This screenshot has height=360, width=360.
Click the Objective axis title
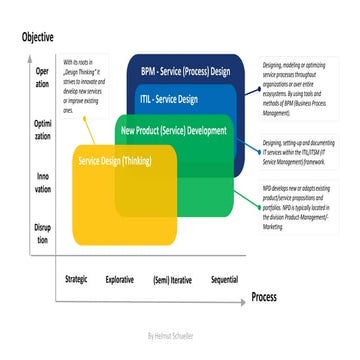37,37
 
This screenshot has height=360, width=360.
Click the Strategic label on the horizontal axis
82,278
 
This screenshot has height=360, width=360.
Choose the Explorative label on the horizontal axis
127,278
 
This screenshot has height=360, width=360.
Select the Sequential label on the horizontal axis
224,278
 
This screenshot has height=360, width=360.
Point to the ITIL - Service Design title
169,99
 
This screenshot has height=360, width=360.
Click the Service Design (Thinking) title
116,160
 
